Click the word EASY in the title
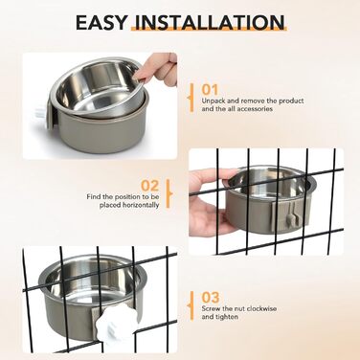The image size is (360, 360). click(x=101, y=22)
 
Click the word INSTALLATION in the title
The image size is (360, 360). click(x=209, y=22)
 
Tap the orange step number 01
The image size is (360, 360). click(x=210, y=90)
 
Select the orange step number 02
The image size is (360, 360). click(x=150, y=186)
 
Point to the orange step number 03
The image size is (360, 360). click(x=211, y=298)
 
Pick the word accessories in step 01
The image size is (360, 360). click(x=253, y=109)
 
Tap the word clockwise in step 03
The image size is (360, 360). click(x=261, y=309)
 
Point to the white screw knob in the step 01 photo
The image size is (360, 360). click(x=40, y=113)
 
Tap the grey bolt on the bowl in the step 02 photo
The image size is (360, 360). click(x=291, y=218)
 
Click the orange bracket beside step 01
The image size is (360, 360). click(x=191, y=98)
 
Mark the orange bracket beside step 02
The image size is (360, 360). click(x=169, y=193)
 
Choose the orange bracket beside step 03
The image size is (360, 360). click(x=191, y=305)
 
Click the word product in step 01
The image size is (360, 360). click(x=291, y=101)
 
